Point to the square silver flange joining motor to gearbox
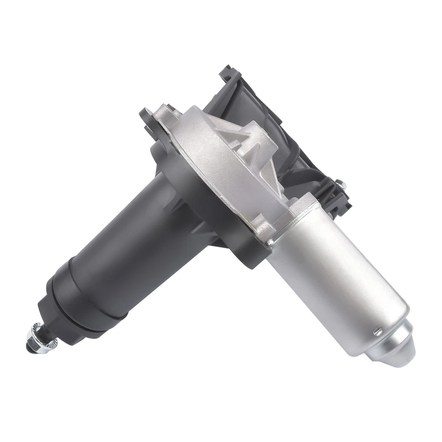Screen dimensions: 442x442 295,216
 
